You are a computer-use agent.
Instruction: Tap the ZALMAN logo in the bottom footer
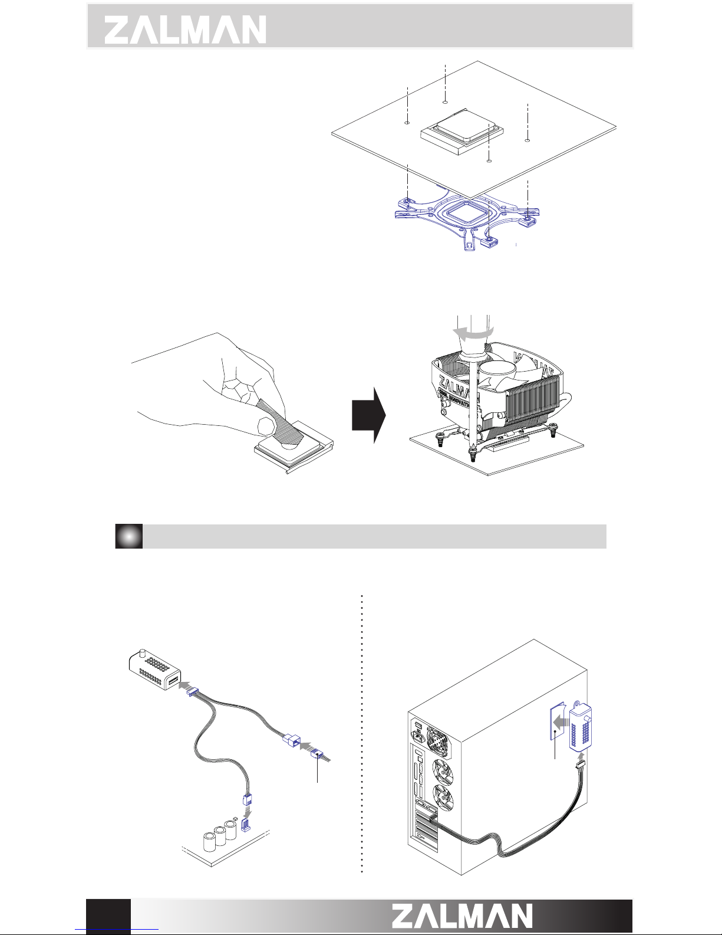pyautogui.click(x=463, y=916)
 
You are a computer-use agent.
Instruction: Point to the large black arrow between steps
pyautogui.click(x=369, y=415)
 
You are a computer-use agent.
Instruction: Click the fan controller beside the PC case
pyautogui.click(x=581, y=727)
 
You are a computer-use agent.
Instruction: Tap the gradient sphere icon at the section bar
pyautogui.click(x=129, y=536)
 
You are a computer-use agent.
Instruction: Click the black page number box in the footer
pyautogui.click(x=108, y=916)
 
